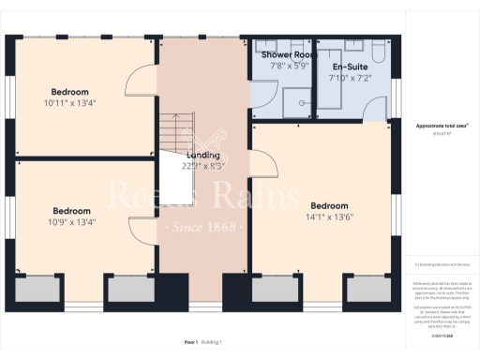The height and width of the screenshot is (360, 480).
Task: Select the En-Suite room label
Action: click(350, 67)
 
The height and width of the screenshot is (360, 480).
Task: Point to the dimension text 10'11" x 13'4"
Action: click(70, 103)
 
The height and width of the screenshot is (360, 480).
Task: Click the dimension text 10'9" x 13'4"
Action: click(72, 222)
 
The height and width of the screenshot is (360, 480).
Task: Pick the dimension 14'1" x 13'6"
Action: click(329, 217)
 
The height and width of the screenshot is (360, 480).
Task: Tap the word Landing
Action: click(203, 155)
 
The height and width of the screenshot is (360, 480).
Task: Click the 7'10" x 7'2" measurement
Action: click(350, 79)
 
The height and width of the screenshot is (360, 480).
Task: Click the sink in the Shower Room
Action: click(262, 46)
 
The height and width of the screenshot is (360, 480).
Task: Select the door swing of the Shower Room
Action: click(262, 110)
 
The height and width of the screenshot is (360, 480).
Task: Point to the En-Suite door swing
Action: click(324, 110)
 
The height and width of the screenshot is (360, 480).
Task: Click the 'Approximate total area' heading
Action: click(442, 125)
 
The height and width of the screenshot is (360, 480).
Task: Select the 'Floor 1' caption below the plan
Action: click(191, 343)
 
